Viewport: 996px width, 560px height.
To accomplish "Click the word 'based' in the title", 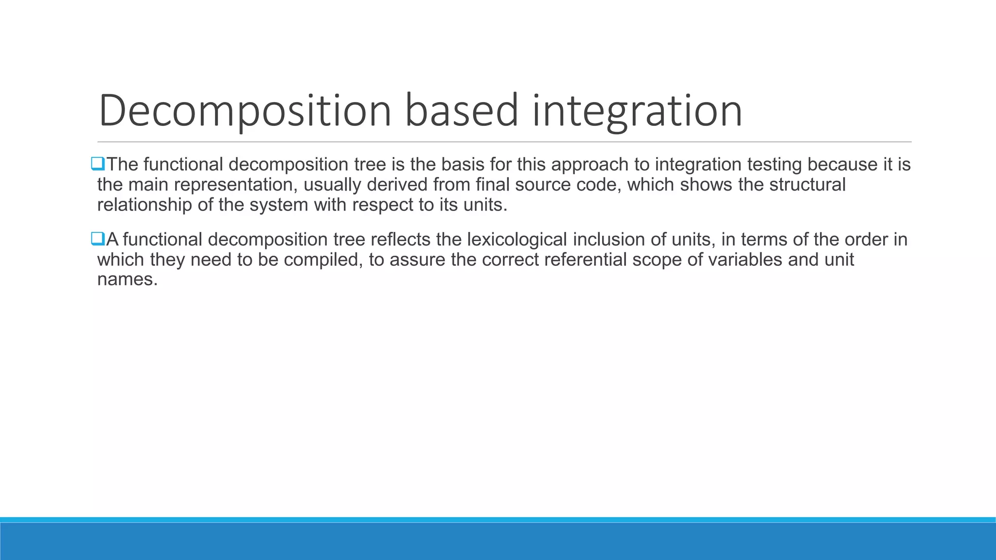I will (x=461, y=111).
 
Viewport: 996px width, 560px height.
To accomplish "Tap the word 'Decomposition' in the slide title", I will (x=245, y=111).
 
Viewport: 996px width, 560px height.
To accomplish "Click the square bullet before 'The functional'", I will (x=98, y=164).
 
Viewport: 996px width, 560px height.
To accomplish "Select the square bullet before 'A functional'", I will (x=98, y=239).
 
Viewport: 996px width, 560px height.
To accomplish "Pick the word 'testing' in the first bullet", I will (x=774, y=165).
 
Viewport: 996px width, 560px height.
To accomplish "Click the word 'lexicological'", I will (x=517, y=240).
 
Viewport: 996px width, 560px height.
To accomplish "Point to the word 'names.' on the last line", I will (x=127, y=280).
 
